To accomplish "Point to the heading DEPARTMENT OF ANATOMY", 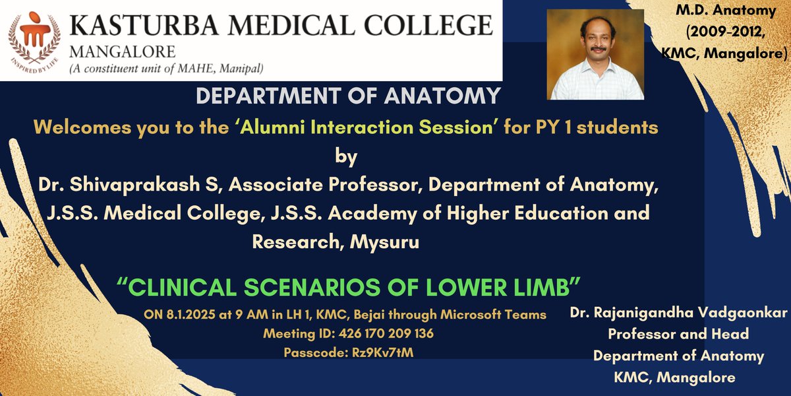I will click(x=349, y=96).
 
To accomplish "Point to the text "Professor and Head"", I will click(x=678, y=335).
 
